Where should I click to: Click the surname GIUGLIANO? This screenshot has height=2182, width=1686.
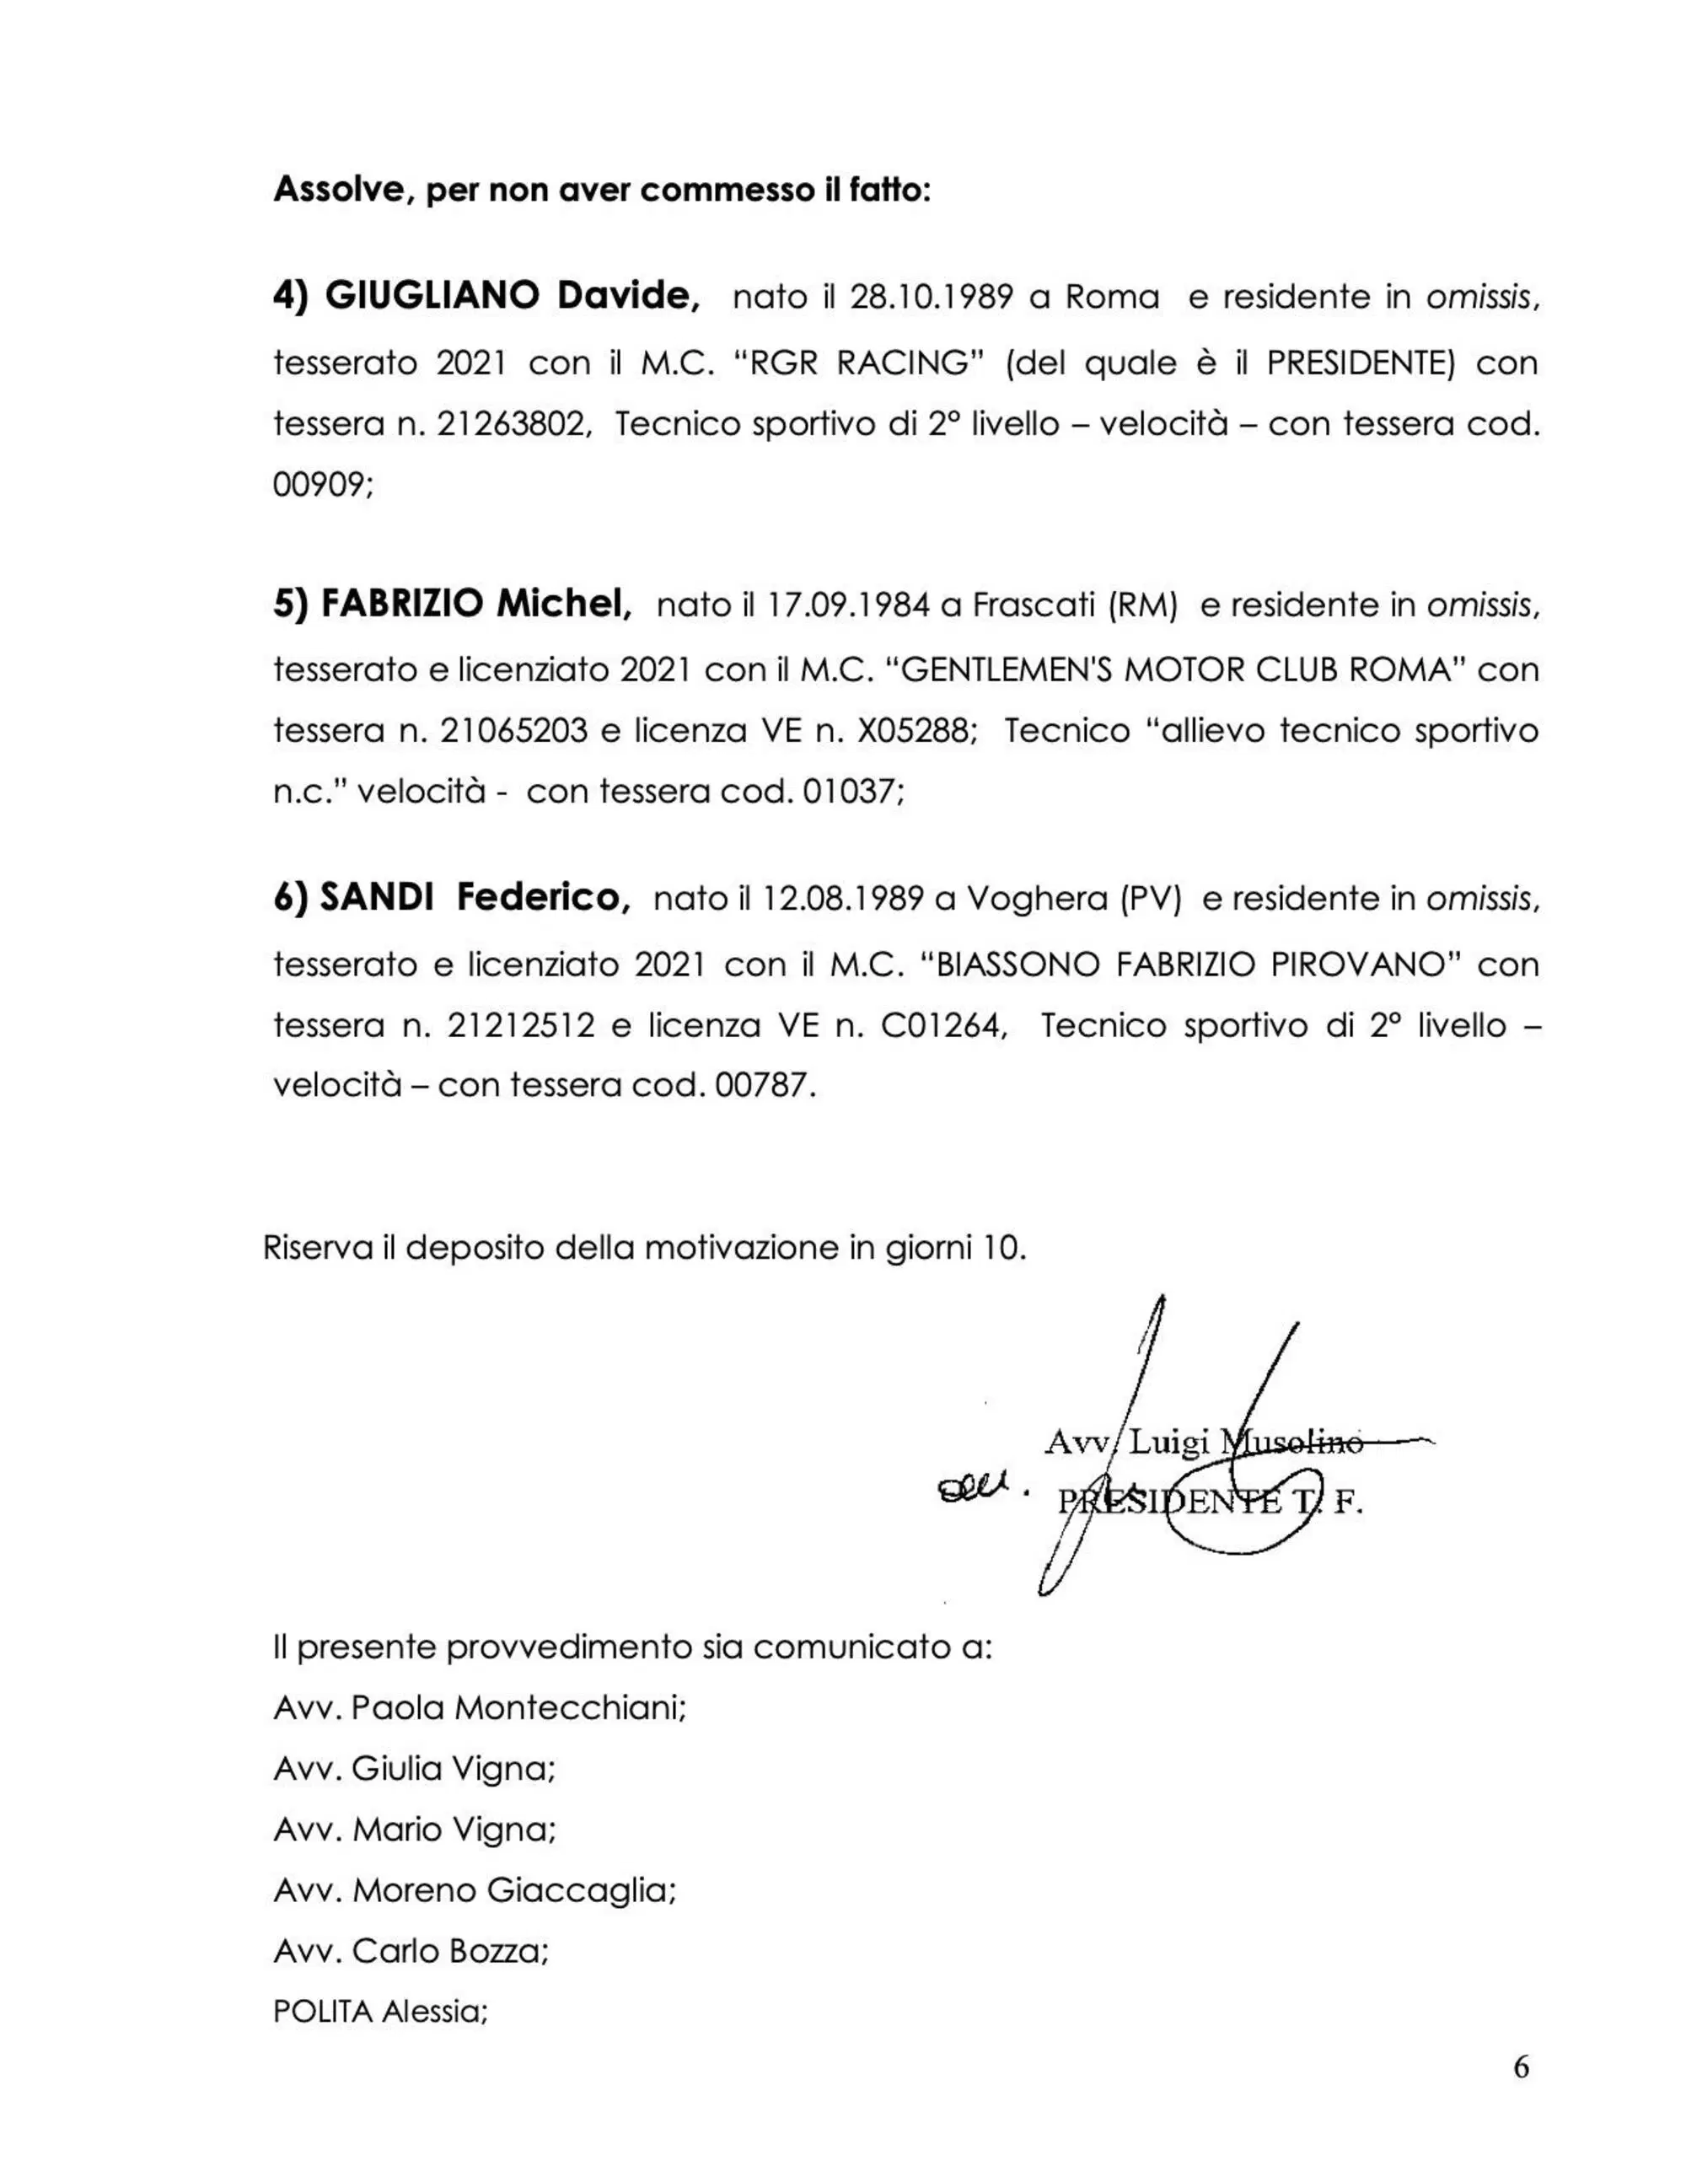(432, 296)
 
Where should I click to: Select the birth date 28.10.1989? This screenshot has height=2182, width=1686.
(932, 298)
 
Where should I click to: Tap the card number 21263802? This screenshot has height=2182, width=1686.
(513, 425)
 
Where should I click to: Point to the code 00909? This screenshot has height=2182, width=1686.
(320, 486)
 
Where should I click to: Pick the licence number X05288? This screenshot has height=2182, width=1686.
(913, 731)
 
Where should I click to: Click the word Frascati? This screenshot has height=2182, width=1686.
(1034, 605)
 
